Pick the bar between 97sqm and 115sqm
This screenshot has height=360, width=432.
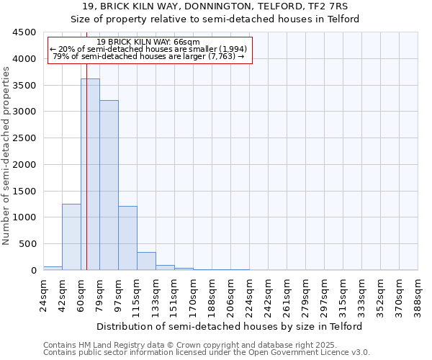coord(127,238)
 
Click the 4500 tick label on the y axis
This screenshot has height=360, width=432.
coord(24,32)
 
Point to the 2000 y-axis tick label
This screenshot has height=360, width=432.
coord(24,165)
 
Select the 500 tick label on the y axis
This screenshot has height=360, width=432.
coord(27,244)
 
